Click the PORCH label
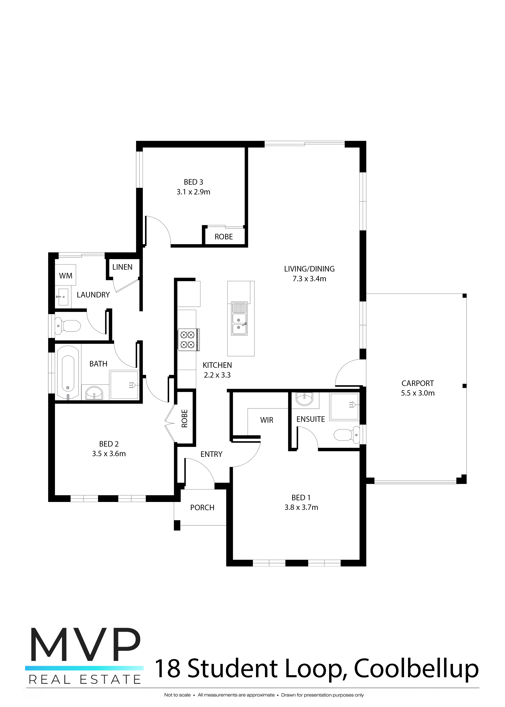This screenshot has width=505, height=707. point(202,508)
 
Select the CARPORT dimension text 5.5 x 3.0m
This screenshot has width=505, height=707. point(418,393)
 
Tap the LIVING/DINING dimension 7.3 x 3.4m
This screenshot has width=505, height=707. point(309,279)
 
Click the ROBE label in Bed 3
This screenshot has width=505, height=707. point(224,237)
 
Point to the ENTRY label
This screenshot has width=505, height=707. point(211,454)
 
